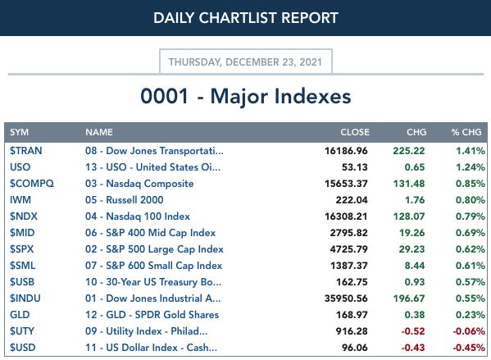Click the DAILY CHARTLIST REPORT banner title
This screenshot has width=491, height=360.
(246, 18)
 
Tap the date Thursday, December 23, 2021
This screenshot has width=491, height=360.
(246, 62)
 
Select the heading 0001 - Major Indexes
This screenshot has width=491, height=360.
(246, 96)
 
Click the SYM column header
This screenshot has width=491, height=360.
(19, 132)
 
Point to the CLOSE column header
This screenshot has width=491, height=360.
(355, 132)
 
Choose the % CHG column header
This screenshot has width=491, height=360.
(466, 132)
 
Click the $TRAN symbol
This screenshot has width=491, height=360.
(26, 151)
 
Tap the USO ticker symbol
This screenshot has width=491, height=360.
(20, 167)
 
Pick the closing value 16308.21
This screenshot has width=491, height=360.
(346, 216)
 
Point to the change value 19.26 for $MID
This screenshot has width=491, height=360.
(411, 233)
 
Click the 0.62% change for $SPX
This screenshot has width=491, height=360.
(471, 249)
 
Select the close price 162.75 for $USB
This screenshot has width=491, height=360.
(352, 282)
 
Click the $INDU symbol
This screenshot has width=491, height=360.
(25, 298)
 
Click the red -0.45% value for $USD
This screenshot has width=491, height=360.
(469, 348)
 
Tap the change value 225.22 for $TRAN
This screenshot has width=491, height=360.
(409, 151)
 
